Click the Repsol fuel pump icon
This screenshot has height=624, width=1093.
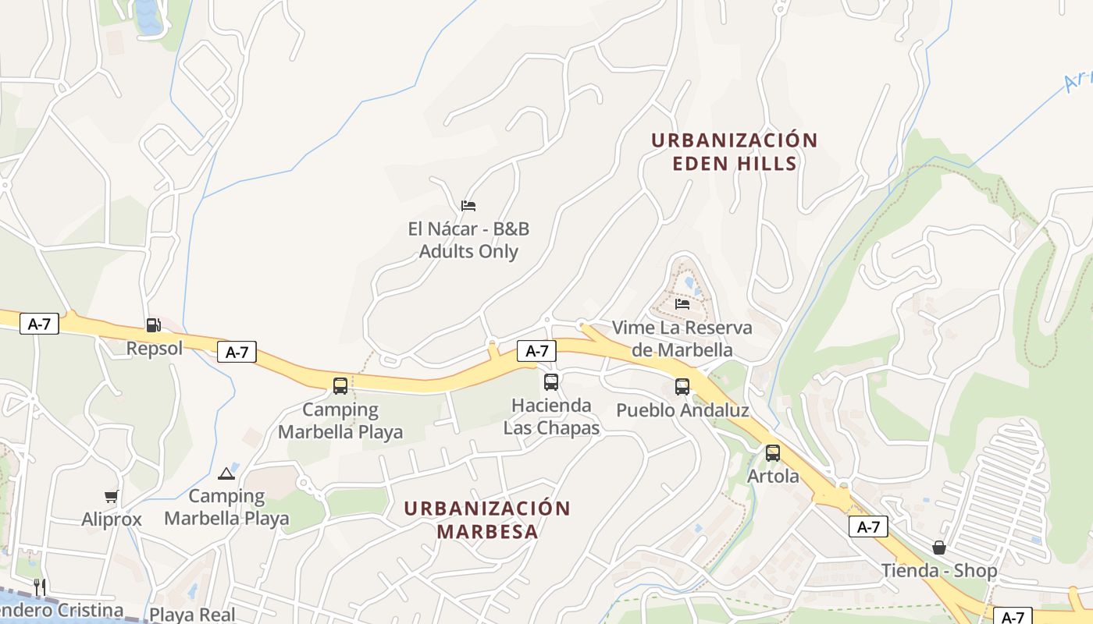(153, 324)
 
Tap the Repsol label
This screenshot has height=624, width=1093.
(155, 348)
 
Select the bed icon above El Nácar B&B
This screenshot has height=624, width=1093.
(468, 206)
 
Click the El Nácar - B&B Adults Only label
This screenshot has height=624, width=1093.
(468, 240)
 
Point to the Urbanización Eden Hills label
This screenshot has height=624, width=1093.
(734, 151)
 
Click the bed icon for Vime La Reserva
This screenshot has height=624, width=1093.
(682, 303)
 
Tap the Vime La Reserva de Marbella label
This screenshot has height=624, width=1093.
(682, 339)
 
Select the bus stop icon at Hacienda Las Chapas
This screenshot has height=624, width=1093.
(551, 382)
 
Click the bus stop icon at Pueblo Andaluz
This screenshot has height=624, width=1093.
(682, 386)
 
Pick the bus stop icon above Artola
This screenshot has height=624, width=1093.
(773, 452)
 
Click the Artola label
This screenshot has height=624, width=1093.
(773, 476)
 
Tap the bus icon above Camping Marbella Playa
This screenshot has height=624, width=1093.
(340, 385)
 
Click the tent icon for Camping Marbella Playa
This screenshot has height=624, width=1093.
(226, 473)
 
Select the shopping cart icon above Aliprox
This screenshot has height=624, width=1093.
(112, 496)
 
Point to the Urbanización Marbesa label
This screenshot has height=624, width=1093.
(487, 519)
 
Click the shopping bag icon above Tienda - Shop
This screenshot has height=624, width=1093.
(939, 548)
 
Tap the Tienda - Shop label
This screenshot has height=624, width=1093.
(939, 571)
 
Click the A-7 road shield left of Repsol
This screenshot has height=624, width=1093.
(39, 324)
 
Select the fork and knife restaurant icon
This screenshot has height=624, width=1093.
(40, 587)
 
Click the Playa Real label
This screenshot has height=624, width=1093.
(192, 614)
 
